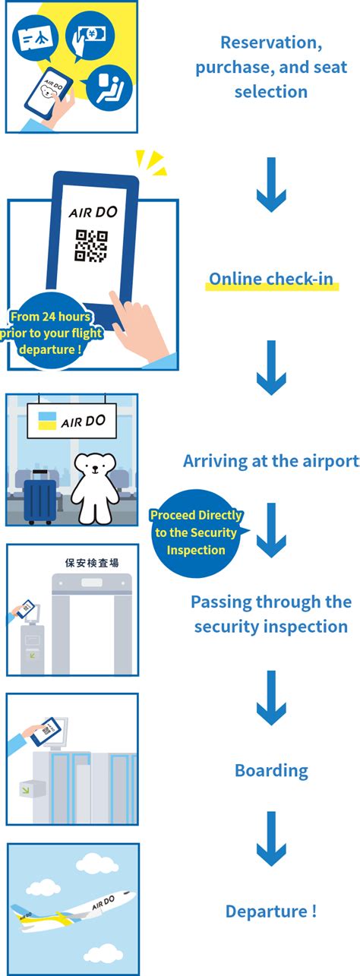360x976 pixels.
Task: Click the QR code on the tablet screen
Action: [x=91, y=246]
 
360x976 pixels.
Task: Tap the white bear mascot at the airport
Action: [x=94, y=486]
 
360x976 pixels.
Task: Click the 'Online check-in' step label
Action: [x=271, y=280]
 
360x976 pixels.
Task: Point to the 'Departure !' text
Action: [x=271, y=911]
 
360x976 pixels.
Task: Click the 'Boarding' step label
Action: [x=271, y=771]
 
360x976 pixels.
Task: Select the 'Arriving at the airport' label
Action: [x=271, y=461]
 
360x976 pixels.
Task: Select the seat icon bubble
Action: [x=109, y=88]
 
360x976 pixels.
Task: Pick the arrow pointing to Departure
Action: [x=271, y=839]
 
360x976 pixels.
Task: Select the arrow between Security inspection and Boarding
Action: [x=271, y=697]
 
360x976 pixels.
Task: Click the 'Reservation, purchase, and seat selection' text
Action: [x=271, y=68]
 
